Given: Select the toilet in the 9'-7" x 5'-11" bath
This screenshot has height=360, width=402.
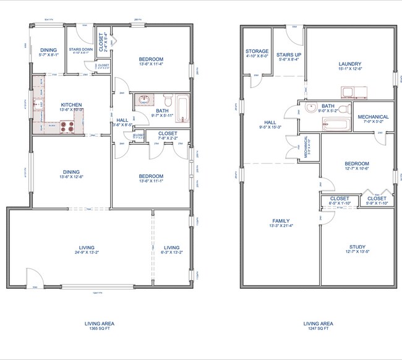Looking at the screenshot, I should click(x=166, y=102).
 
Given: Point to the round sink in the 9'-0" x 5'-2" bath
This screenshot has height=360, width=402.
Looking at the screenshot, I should click(x=311, y=108).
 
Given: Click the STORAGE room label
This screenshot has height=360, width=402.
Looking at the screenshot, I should click(x=257, y=51).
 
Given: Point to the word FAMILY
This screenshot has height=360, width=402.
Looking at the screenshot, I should click(x=281, y=221).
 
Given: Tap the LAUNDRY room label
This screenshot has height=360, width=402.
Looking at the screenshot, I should click(x=349, y=64).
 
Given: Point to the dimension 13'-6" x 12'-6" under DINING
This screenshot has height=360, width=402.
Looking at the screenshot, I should click(x=71, y=178).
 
